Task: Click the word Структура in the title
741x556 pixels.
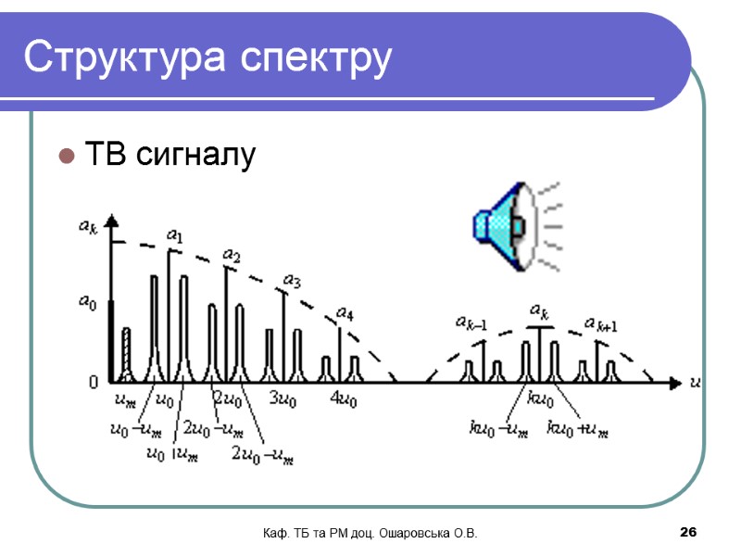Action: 126,57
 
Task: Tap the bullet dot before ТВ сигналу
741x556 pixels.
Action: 67,155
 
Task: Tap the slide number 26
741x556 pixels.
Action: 687,532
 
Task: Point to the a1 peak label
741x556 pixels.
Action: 173,236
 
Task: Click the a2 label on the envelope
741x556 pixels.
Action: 232,256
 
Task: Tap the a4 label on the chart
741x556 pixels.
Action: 345,313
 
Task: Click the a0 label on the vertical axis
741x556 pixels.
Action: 86,302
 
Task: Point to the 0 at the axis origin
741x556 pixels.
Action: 94,381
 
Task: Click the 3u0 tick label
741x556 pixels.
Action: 283,400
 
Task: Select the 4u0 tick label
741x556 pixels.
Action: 344,400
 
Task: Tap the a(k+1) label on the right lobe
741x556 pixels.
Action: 601,323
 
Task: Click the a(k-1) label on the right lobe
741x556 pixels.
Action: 471,322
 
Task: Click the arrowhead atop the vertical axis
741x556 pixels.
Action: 111,221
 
